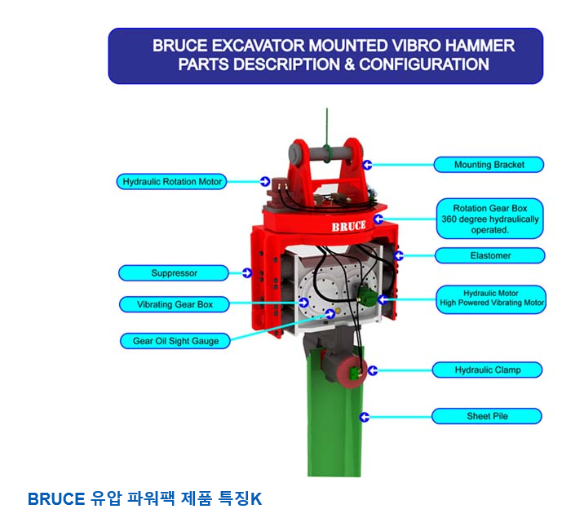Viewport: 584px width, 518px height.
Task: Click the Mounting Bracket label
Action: pyautogui.click(x=489, y=165)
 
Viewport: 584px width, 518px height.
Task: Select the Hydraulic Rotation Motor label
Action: pyautogui.click(x=172, y=182)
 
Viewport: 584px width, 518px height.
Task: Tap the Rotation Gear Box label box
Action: pyautogui.click(x=489, y=219)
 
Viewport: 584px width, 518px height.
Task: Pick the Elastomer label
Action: pyautogui.click(x=489, y=255)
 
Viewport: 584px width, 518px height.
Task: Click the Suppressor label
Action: pyautogui.click(x=174, y=273)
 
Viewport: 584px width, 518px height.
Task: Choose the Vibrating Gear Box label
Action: pyautogui.click(x=175, y=304)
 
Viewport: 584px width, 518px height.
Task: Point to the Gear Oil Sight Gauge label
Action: pyautogui.click(x=175, y=341)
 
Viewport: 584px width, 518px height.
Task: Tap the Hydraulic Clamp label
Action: pyautogui.click(x=487, y=370)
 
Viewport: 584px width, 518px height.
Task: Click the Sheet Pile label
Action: pyautogui.click(x=487, y=416)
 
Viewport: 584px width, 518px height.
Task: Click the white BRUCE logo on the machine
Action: pyautogui.click(x=348, y=226)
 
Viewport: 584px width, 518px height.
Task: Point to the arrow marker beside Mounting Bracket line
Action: pyautogui.click(x=368, y=165)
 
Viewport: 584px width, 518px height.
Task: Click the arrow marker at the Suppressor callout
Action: pyautogui.click(x=247, y=273)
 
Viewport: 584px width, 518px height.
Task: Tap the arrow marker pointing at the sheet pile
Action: pyautogui.click(x=365, y=417)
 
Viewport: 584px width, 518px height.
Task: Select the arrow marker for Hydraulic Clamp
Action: pyautogui.click(x=373, y=370)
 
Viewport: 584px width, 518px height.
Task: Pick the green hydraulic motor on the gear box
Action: pyautogui.click(x=366, y=295)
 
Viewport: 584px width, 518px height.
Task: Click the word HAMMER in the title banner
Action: pyautogui.click(x=480, y=46)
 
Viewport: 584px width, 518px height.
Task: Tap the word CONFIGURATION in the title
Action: pyautogui.click(x=424, y=64)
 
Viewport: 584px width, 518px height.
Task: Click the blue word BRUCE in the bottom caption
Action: pyautogui.click(x=56, y=499)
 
